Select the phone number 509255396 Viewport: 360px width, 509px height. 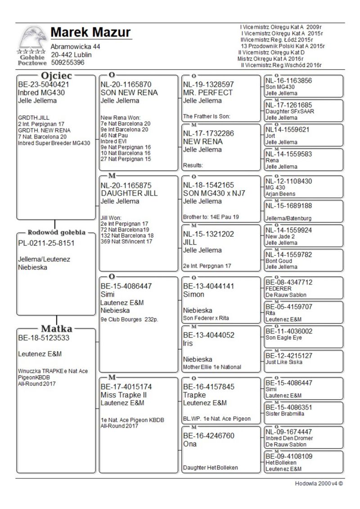click(67, 63)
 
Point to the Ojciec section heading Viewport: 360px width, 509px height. click(57, 75)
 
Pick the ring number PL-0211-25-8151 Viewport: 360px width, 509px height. click(46, 243)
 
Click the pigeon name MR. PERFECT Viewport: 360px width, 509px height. click(207, 92)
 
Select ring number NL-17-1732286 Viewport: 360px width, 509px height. click(208, 133)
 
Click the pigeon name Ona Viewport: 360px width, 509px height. click(190, 444)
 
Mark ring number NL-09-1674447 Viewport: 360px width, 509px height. click(288, 432)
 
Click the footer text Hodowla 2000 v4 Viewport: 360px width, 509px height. click(319, 483)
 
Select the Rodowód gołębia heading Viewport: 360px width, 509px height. click(57, 233)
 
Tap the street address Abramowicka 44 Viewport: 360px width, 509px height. click(75, 47)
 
